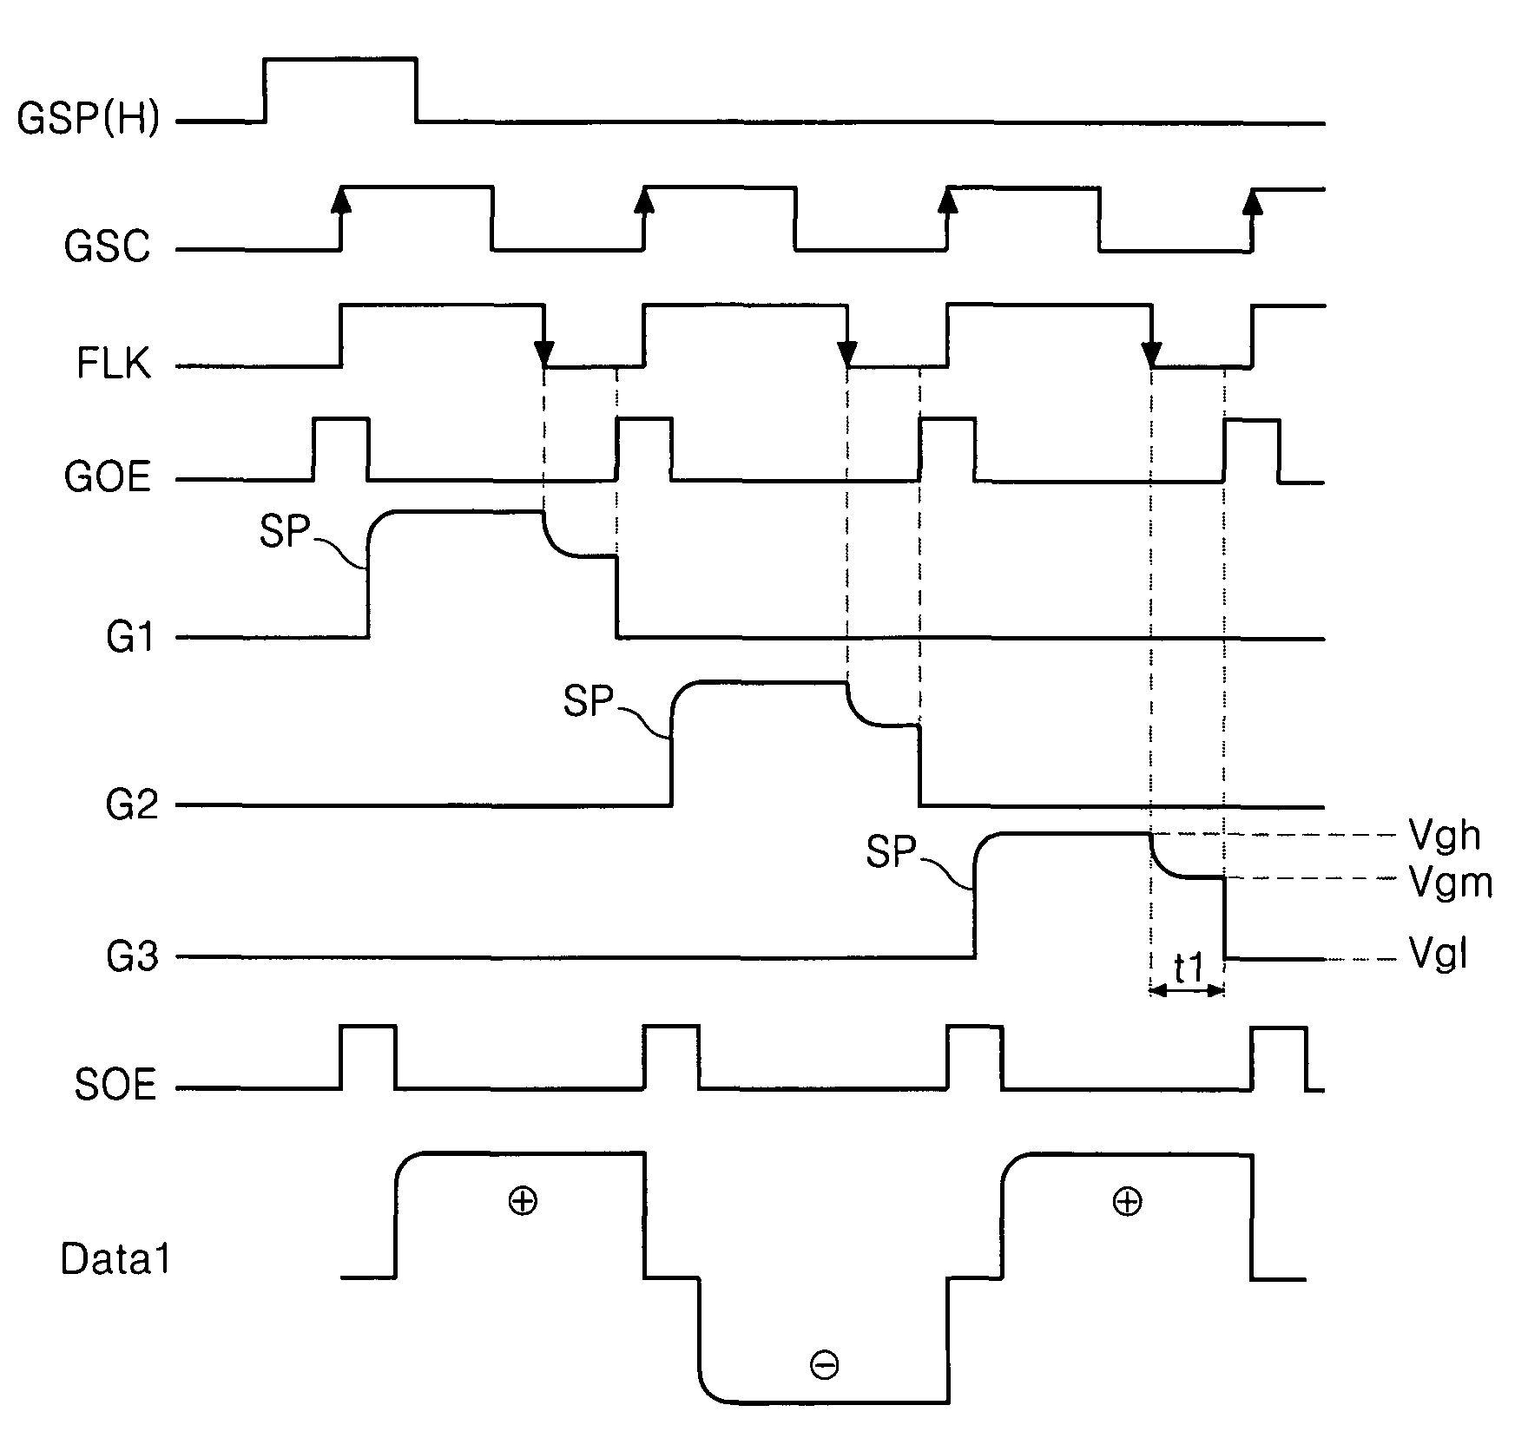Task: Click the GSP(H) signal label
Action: [89, 119]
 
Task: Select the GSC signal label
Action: [107, 247]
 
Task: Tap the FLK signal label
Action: [113, 364]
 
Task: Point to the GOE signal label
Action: [107, 477]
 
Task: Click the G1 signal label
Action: [130, 639]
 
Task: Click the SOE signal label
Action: [115, 1086]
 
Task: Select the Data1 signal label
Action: [116, 1259]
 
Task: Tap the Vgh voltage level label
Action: [1445, 836]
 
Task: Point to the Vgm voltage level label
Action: [1450, 883]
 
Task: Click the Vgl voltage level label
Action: [1439, 957]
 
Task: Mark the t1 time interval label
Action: [1188, 969]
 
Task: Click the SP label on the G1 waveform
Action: [285, 531]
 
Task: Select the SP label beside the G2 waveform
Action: [588, 701]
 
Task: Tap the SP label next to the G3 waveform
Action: [891, 852]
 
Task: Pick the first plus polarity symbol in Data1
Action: [523, 1201]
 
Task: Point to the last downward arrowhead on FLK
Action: [1151, 355]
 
